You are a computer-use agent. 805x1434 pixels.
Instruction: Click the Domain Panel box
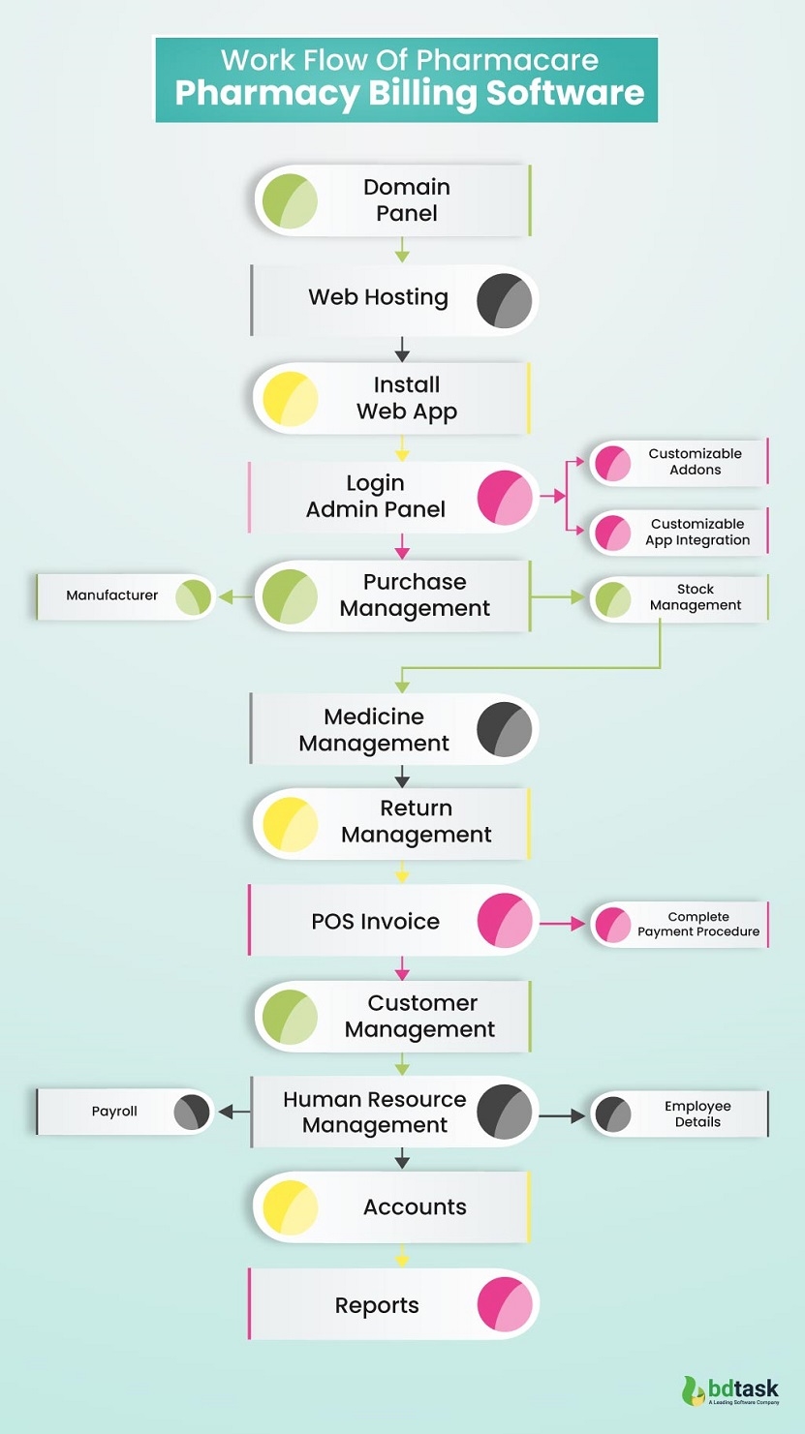393,200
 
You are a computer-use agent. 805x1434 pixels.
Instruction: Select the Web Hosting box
393,299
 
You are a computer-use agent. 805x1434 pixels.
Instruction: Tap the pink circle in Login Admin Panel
506,498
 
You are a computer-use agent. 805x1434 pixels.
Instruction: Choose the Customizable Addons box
678,462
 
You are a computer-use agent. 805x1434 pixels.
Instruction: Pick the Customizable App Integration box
678,532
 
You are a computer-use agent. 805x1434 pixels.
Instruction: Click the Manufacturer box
125,596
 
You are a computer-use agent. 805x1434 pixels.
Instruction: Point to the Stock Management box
678,598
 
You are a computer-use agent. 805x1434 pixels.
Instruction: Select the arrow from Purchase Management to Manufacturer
235,597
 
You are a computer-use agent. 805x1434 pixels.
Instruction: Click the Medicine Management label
374,730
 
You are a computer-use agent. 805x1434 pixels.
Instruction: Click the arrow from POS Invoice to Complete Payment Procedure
563,925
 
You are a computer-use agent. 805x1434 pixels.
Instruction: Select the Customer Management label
421,1017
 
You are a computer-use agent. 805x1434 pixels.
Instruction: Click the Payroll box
125,1112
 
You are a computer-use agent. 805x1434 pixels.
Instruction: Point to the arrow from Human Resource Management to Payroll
233,1113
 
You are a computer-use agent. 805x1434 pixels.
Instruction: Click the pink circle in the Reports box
506,1304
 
